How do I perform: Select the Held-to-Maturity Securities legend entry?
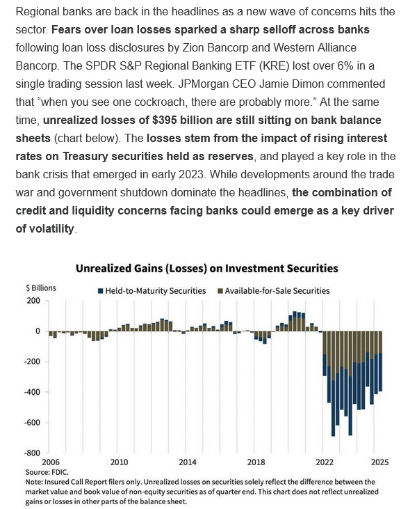coord(156,290)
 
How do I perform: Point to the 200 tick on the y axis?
coord(33,301)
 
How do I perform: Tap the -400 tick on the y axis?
coord(31,392)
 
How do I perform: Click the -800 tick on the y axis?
coord(31,453)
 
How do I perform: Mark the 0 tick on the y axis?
coord(38,331)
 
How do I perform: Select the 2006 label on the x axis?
coord(51,462)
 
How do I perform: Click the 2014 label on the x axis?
coord(188,462)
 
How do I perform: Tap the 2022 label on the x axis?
coord(324,462)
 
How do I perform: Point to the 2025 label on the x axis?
coord(379,462)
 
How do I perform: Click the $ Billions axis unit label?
coord(42,288)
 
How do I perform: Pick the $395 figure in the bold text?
coord(166,124)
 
